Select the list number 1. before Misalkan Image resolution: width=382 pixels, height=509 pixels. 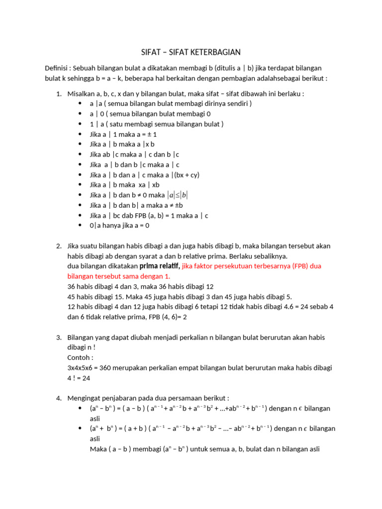point(58,93)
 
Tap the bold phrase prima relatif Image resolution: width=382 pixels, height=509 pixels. point(160,266)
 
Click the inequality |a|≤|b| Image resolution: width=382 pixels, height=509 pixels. point(178,195)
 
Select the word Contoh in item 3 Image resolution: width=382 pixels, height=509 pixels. point(80,357)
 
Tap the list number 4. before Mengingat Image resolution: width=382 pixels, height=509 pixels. point(58,398)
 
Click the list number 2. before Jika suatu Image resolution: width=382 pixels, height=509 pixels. point(58,246)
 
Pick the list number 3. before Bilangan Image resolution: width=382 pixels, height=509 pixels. point(58,338)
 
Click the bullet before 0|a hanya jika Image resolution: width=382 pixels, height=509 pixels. point(81,225)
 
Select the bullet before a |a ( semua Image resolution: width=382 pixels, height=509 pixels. point(81,103)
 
